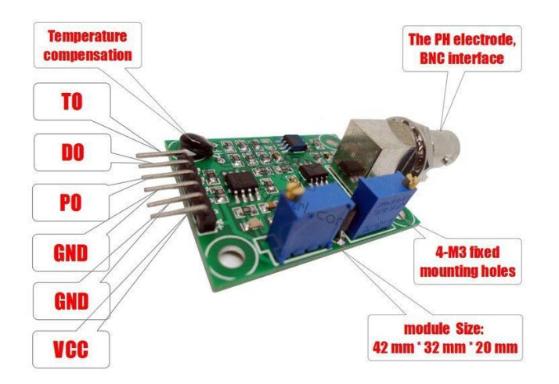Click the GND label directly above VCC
click(x=70, y=301)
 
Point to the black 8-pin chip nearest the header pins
click(x=237, y=185)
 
